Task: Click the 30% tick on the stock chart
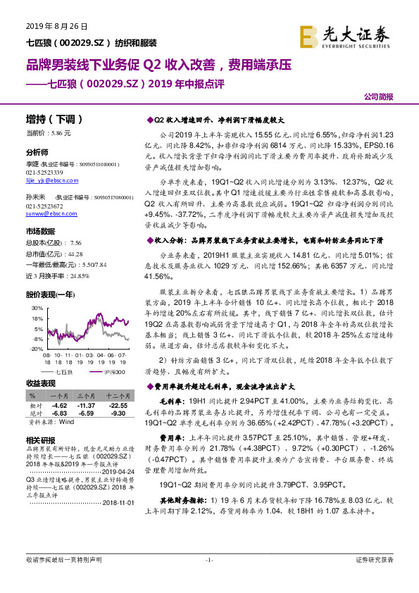click(35, 308)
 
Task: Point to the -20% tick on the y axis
click(35, 349)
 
